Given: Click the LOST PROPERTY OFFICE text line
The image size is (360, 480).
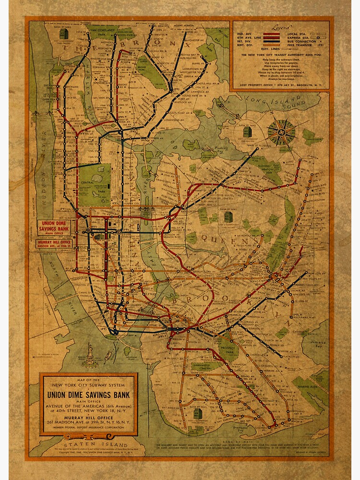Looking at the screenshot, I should pos(280,85).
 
